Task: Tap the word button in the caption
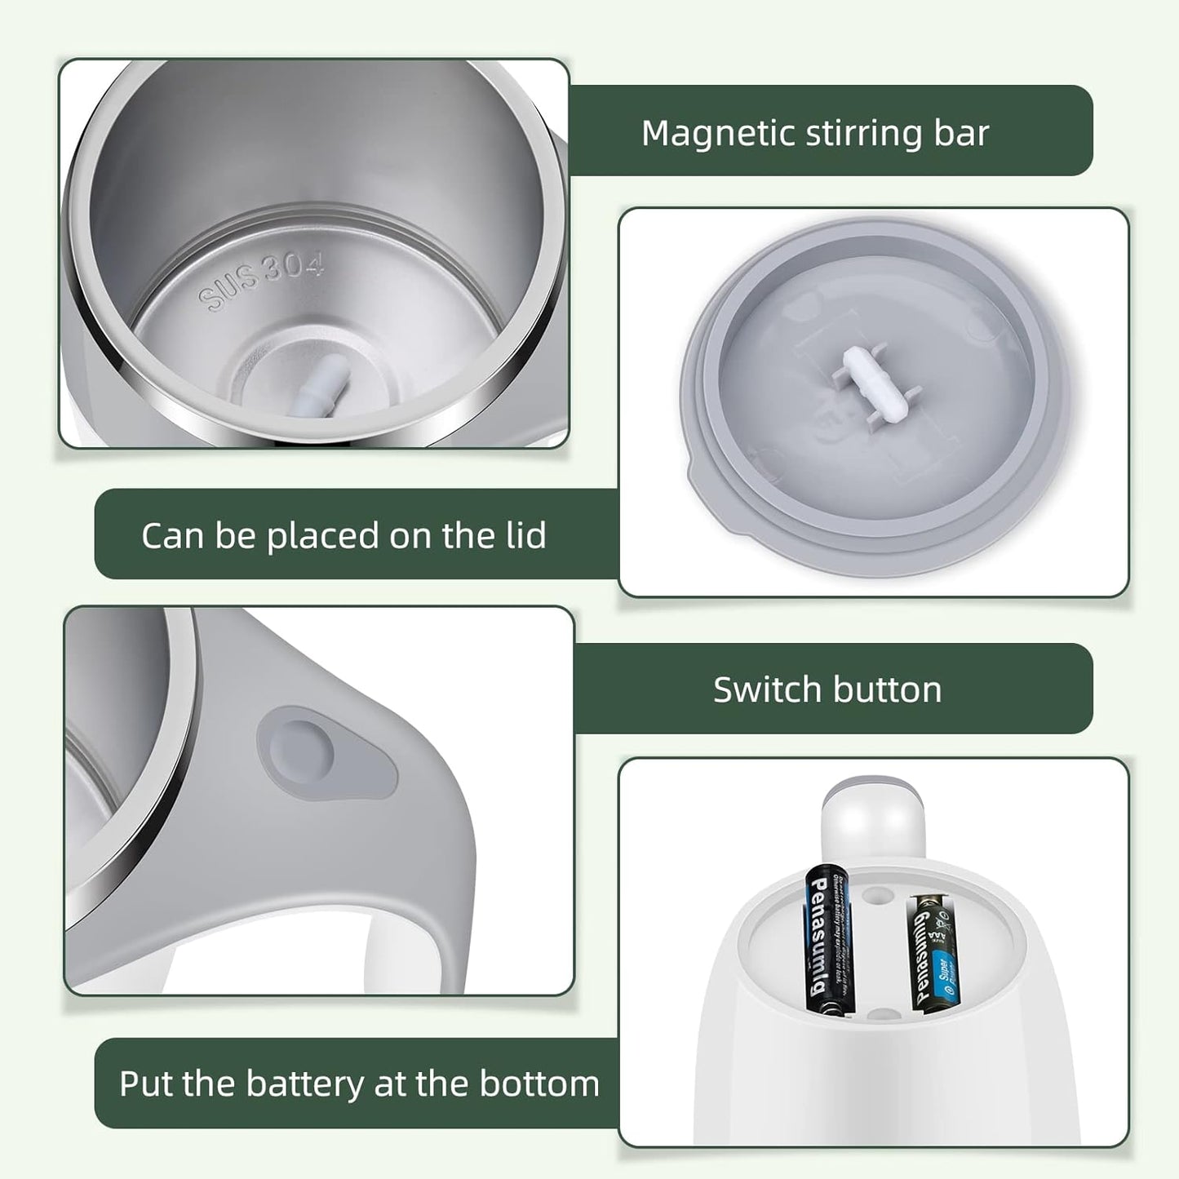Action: tap(896, 689)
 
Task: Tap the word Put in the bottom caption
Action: tap(146, 1084)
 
